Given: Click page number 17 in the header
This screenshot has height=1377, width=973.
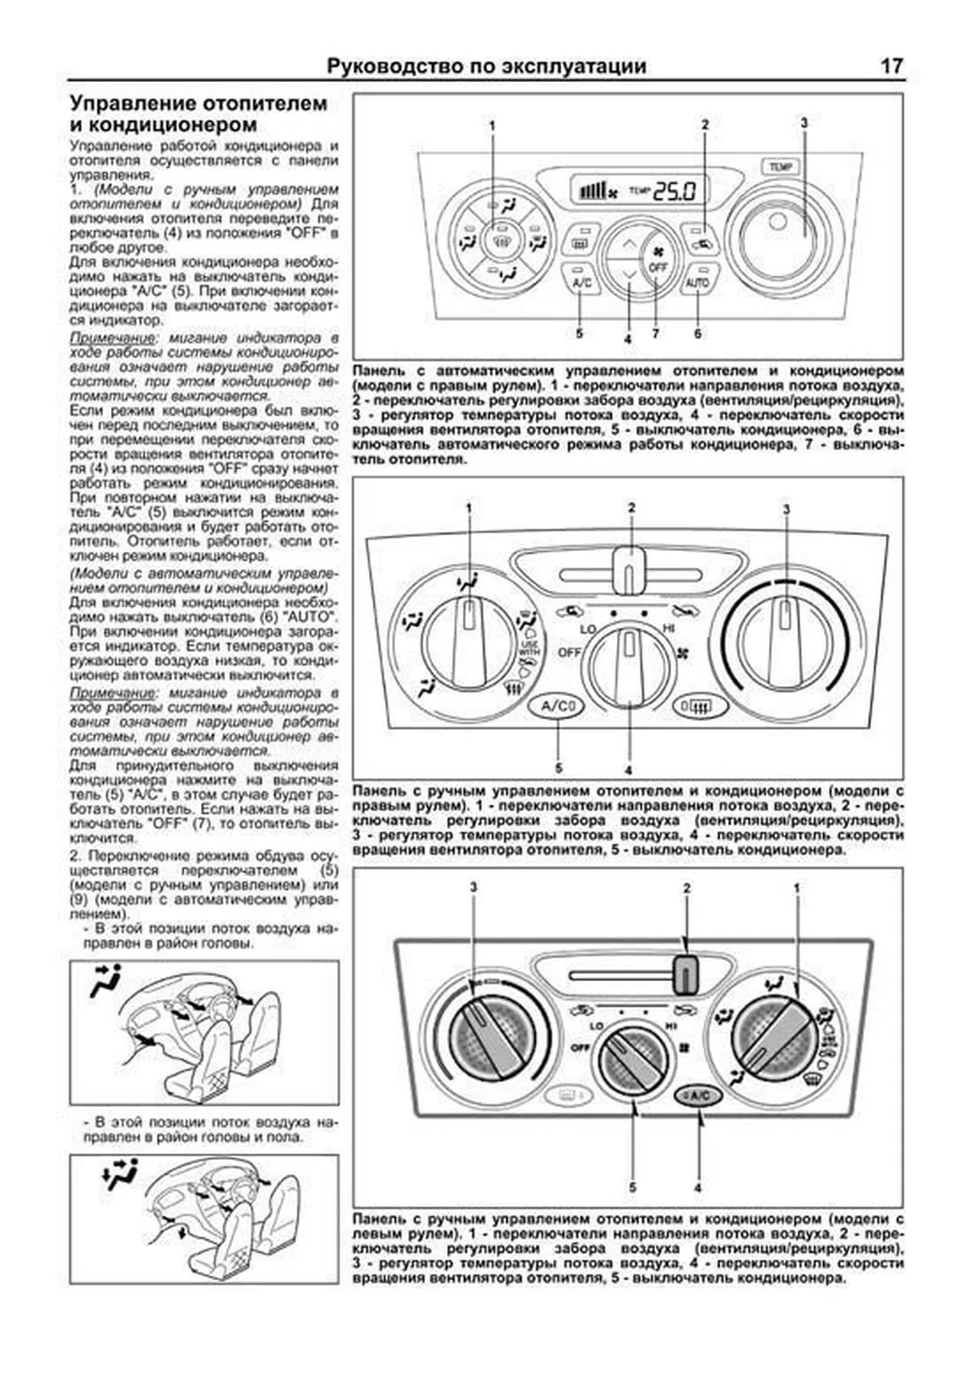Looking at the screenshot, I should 892,67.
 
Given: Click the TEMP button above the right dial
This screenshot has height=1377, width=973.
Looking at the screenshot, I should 780,167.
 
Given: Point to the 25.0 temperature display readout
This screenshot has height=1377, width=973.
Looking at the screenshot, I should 675,191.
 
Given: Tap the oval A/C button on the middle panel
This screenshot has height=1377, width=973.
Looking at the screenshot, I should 557,707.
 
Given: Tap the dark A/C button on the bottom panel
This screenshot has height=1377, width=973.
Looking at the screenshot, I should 697,1095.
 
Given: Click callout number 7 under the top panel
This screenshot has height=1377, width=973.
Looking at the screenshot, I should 655,333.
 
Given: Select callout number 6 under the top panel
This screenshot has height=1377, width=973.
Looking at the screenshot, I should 697,333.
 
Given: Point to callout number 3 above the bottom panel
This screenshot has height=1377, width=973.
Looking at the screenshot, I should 474,888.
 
